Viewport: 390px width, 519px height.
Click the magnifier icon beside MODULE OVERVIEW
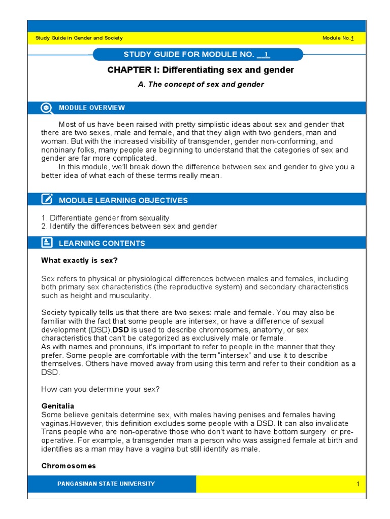[x=47, y=108]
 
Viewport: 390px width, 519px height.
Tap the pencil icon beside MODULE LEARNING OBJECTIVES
[x=47, y=200]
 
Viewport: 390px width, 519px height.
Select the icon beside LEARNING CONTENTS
[x=47, y=243]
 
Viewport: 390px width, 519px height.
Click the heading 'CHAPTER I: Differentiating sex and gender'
[x=201, y=70]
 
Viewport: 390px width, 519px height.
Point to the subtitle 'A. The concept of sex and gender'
[x=201, y=85]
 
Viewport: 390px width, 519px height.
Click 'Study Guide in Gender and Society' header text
[x=79, y=39]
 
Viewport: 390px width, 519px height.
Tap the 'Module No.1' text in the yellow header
[x=338, y=39]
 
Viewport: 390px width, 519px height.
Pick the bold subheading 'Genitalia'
[x=57, y=406]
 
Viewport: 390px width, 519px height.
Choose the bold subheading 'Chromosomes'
[x=68, y=466]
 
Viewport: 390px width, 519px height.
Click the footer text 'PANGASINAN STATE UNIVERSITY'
[x=106, y=484]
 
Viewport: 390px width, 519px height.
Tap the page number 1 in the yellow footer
[x=357, y=484]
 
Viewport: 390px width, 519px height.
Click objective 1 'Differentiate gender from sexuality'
[x=105, y=218]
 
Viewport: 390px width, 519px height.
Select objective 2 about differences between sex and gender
[x=129, y=226]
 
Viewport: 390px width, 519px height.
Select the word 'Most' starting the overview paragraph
[x=68, y=124]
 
